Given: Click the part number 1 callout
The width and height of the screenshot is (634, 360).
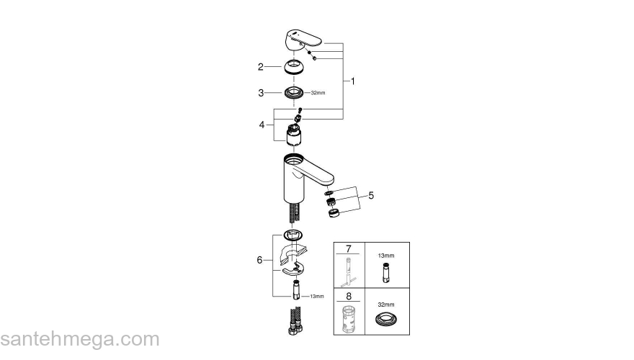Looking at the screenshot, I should click(353, 81).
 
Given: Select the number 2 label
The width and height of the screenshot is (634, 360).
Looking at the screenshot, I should click(260, 67).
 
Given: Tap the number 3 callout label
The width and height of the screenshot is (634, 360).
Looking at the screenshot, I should click(260, 93).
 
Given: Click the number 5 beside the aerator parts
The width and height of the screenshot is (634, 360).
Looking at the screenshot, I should click(371, 194).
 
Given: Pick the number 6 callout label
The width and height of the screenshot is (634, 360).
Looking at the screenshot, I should click(260, 260).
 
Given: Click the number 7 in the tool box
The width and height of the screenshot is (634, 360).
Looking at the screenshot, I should click(349, 249).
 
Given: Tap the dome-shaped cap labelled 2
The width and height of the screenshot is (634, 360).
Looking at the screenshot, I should click(294, 68).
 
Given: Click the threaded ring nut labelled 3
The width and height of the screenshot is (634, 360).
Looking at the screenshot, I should click(294, 93).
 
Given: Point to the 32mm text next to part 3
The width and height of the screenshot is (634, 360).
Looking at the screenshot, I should click(318, 93).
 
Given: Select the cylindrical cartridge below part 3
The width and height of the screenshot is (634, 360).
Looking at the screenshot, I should click(294, 135).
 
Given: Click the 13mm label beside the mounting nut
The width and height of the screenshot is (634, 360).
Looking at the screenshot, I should click(317, 296).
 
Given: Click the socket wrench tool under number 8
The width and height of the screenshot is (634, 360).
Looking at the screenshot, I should click(349, 316).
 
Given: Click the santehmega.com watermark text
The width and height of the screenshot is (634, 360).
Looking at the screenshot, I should click(79, 339).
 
